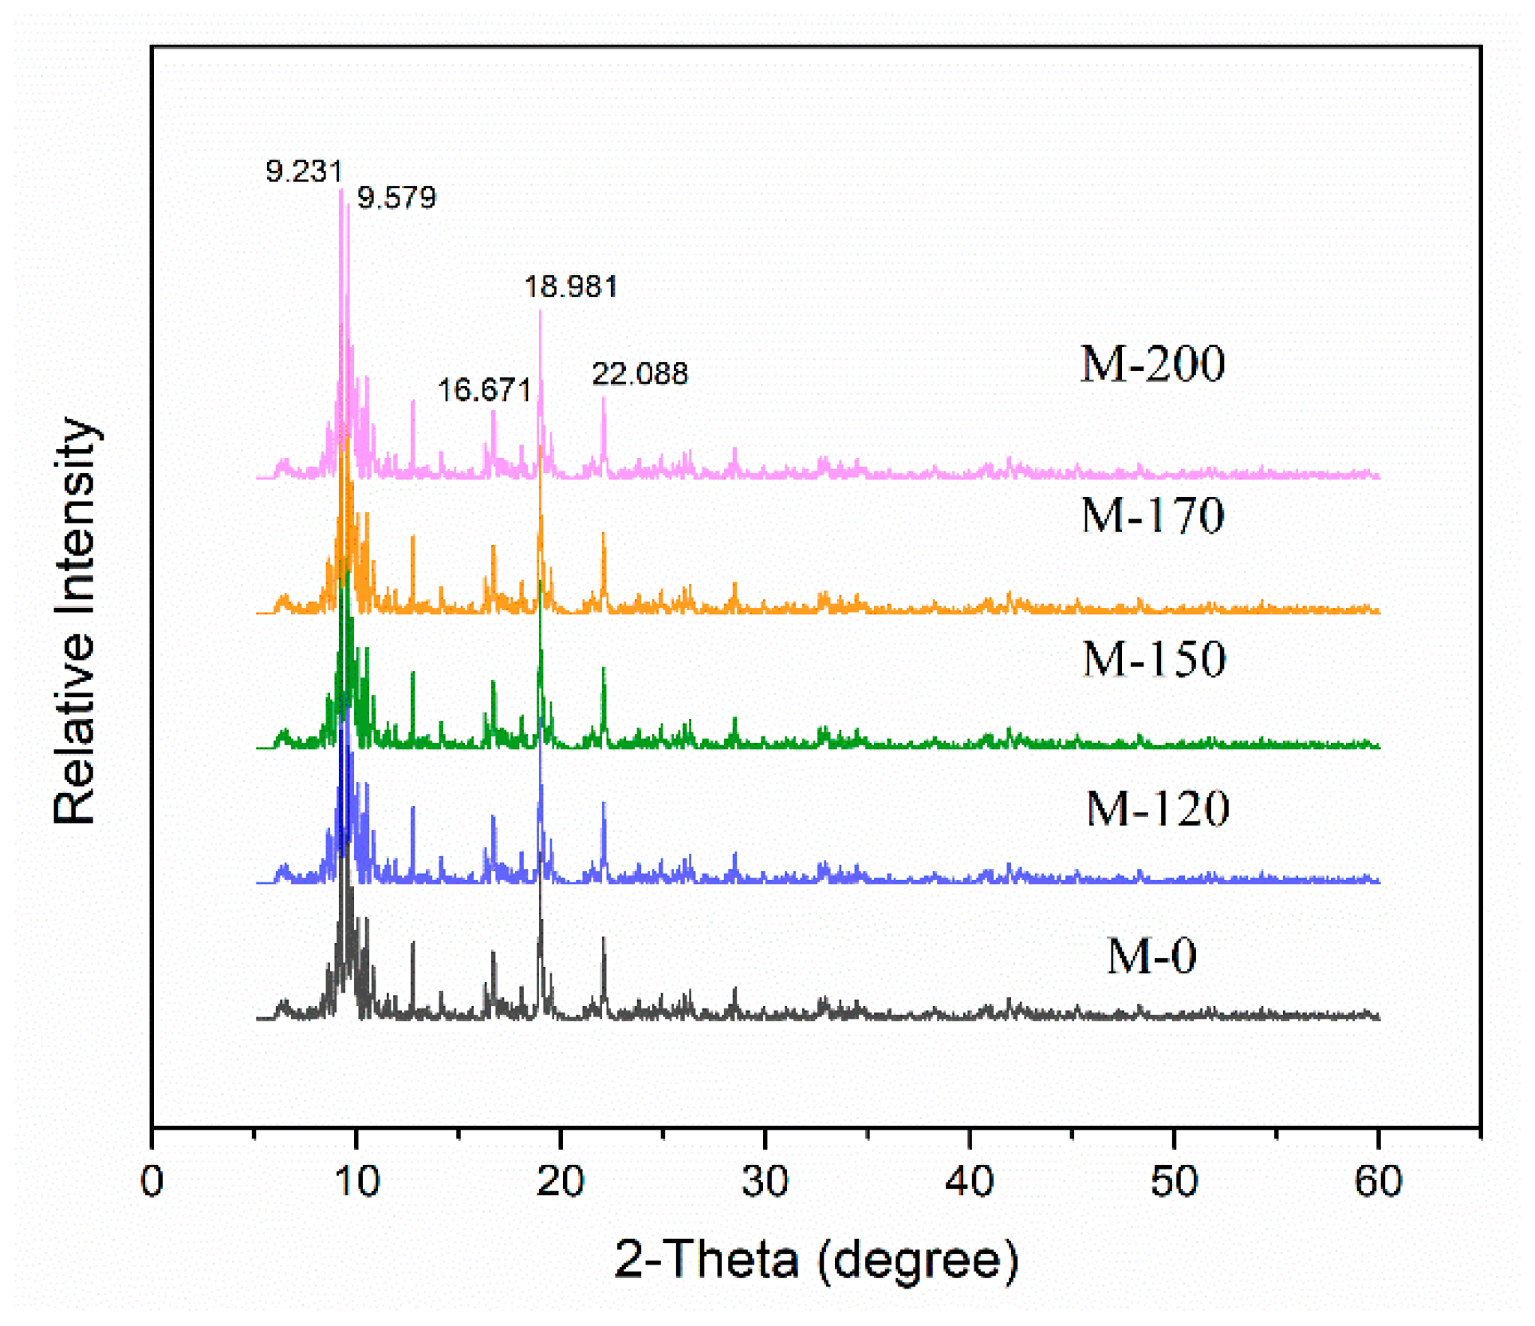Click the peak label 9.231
point(304,171)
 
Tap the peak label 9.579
point(396,197)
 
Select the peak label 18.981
point(571,286)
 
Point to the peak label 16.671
point(484,390)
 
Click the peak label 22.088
point(640,373)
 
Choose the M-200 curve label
point(1152,364)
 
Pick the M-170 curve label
point(1152,515)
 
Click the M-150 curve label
point(1154,659)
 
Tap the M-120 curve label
point(1158,808)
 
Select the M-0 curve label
point(1151,955)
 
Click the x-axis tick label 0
point(152,1182)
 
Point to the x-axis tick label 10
point(356,1182)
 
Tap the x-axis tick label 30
point(765,1182)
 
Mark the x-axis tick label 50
point(1174,1182)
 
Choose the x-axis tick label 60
point(1378,1182)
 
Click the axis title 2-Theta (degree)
point(816,1260)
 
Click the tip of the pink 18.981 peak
point(541,311)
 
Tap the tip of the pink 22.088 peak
point(604,398)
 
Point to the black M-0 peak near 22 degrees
point(604,939)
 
